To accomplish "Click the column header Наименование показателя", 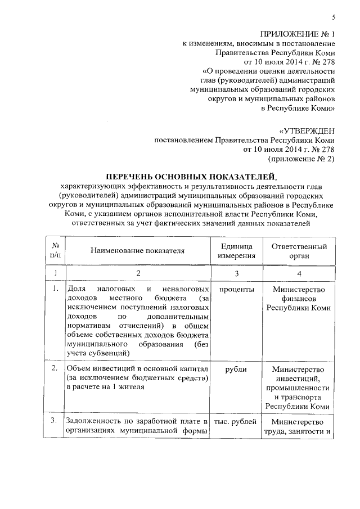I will click(137, 251).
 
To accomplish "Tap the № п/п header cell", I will click(56, 251).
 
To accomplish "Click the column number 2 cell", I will click(137, 273).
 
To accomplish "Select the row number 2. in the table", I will click(55, 369).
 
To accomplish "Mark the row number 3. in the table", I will click(55, 422).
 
